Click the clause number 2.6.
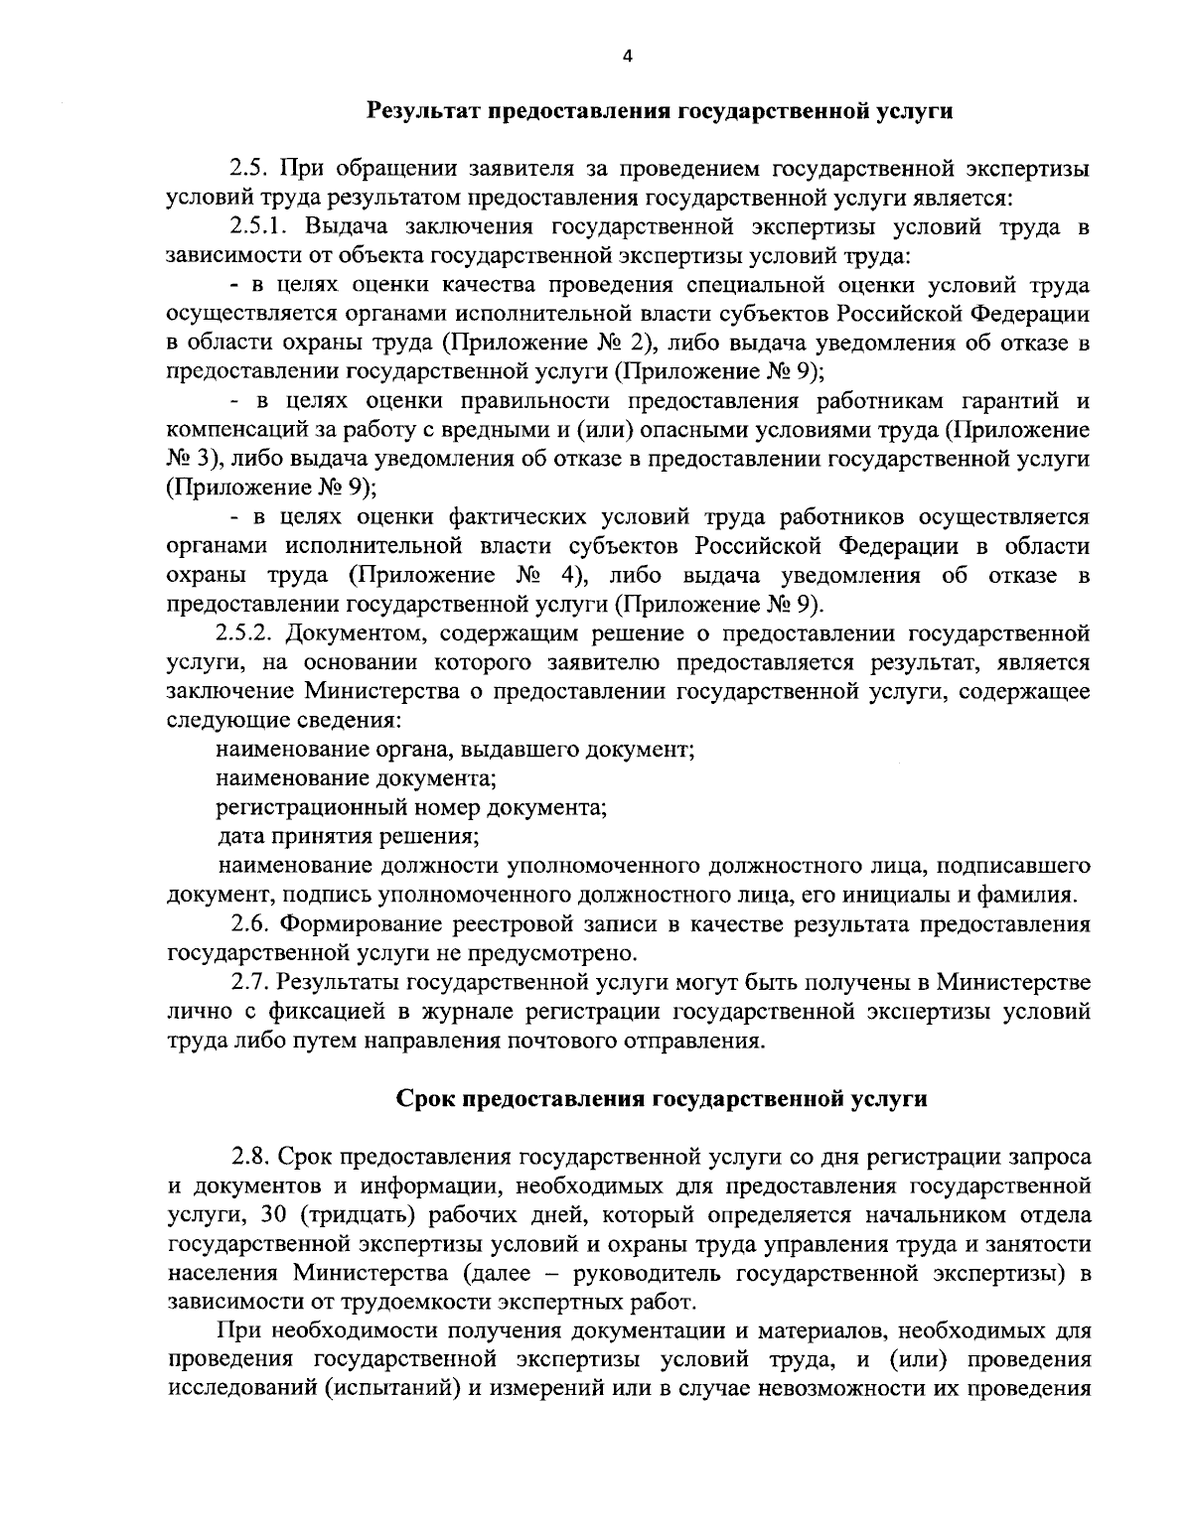[x=250, y=924]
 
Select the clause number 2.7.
[x=250, y=983]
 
